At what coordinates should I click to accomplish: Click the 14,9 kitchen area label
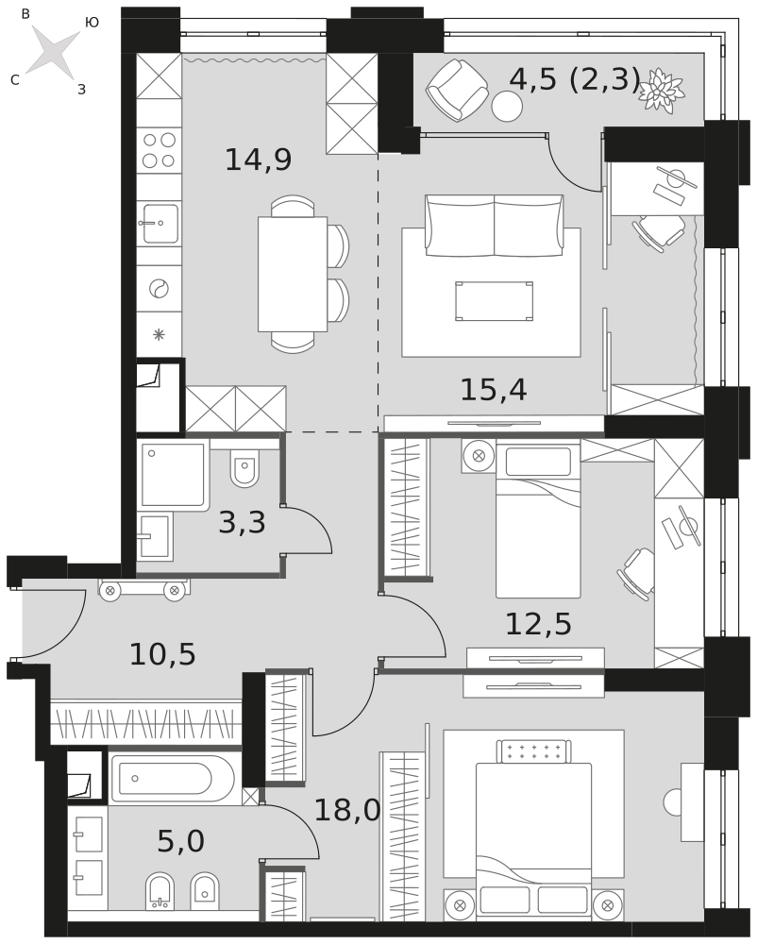pyautogui.click(x=258, y=160)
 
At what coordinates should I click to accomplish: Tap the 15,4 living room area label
pyautogui.click(x=494, y=390)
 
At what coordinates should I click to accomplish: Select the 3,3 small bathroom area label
pyautogui.click(x=242, y=522)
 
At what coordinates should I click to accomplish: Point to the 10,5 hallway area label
pyautogui.click(x=162, y=654)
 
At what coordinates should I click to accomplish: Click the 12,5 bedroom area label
pyautogui.click(x=538, y=624)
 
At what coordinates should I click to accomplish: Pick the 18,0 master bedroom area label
pyautogui.click(x=347, y=810)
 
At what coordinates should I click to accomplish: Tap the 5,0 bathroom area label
pyautogui.click(x=180, y=841)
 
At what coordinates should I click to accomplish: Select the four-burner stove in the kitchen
pyautogui.click(x=159, y=150)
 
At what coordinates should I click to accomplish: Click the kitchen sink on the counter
pyautogui.click(x=160, y=224)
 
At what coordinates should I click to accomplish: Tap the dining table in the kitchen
pyautogui.click(x=293, y=274)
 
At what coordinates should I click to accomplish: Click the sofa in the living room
pyautogui.click(x=494, y=226)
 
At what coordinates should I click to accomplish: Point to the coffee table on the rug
pyautogui.click(x=494, y=301)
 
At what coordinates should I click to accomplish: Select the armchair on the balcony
pyautogui.click(x=457, y=90)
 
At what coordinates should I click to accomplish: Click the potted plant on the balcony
pyautogui.click(x=662, y=89)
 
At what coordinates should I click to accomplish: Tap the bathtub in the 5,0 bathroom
pyautogui.click(x=172, y=779)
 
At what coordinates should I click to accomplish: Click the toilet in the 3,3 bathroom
pyautogui.click(x=244, y=468)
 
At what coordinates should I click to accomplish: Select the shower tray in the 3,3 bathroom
pyautogui.click(x=174, y=476)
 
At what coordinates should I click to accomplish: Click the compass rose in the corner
pyautogui.click(x=53, y=52)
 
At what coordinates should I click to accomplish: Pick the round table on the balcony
pyautogui.click(x=507, y=106)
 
